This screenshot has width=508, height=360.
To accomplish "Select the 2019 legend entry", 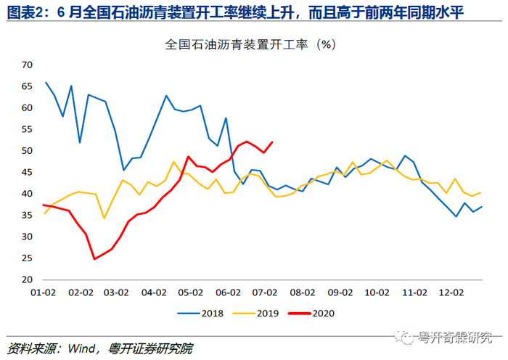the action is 256,314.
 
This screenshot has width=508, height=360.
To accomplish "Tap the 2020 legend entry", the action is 311,314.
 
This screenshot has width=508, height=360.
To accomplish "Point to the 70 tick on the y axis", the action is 28,65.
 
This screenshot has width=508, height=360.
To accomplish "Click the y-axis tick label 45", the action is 28,172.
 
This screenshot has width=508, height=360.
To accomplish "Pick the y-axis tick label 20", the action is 28,279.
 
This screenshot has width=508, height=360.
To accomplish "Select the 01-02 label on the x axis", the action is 43,292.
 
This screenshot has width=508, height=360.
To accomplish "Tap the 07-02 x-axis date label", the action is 265,292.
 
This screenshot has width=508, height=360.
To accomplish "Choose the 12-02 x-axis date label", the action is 451,292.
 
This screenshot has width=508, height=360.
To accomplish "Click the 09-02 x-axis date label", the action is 340,292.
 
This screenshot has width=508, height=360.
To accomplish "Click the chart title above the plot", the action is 250,44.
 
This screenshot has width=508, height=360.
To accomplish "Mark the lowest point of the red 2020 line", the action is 94,259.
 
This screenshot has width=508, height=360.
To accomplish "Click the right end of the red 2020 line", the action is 272,142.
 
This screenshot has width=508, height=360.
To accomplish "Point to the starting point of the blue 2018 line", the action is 45,82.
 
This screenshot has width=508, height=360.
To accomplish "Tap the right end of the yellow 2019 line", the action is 480,192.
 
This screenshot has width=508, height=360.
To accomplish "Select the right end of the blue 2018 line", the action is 482,207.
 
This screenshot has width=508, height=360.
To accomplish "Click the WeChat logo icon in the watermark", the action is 403,337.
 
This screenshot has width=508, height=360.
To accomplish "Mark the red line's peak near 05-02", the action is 188,157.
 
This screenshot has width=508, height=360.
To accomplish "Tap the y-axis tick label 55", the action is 28,129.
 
